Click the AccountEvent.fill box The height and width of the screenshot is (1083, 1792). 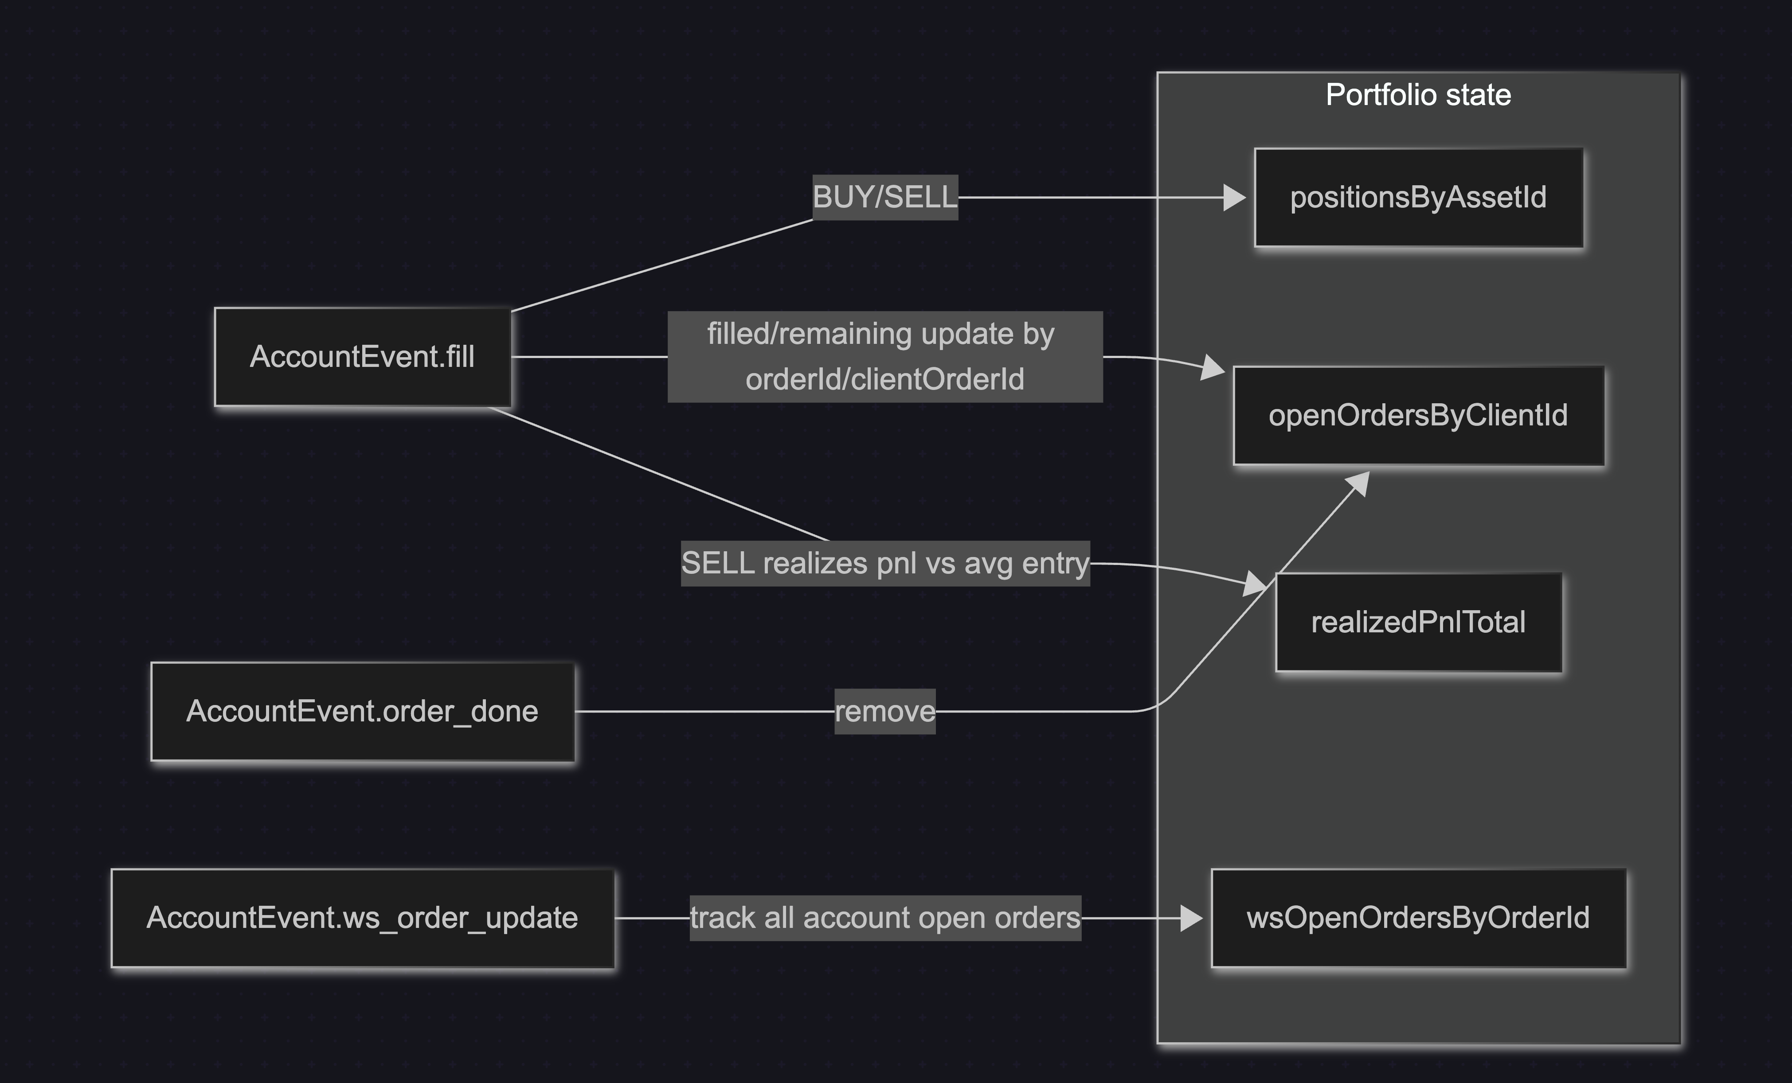click(362, 357)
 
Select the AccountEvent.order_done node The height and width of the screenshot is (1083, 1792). click(362, 712)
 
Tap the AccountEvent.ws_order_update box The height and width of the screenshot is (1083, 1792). click(362, 918)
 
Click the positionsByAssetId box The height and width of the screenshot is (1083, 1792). click(1418, 198)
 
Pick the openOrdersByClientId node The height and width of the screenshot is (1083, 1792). click(1418, 416)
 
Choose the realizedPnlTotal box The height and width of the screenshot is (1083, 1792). click(1418, 622)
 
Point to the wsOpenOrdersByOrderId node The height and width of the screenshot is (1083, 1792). click(1418, 918)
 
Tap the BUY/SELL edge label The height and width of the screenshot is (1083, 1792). click(884, 197)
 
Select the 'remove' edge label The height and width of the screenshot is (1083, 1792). click(884, 712)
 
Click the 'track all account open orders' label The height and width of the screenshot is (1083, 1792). click(884, 918)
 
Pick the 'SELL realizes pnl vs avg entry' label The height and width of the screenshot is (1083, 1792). click(884, 563)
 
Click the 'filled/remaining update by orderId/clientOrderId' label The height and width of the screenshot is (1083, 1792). click(884, 357)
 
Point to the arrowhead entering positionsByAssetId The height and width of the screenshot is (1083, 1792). click(1234, 198)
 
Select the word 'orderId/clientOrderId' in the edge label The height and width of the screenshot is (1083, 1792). click(884, 379)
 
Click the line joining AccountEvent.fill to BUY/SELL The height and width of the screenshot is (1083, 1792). click(662, 265)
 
